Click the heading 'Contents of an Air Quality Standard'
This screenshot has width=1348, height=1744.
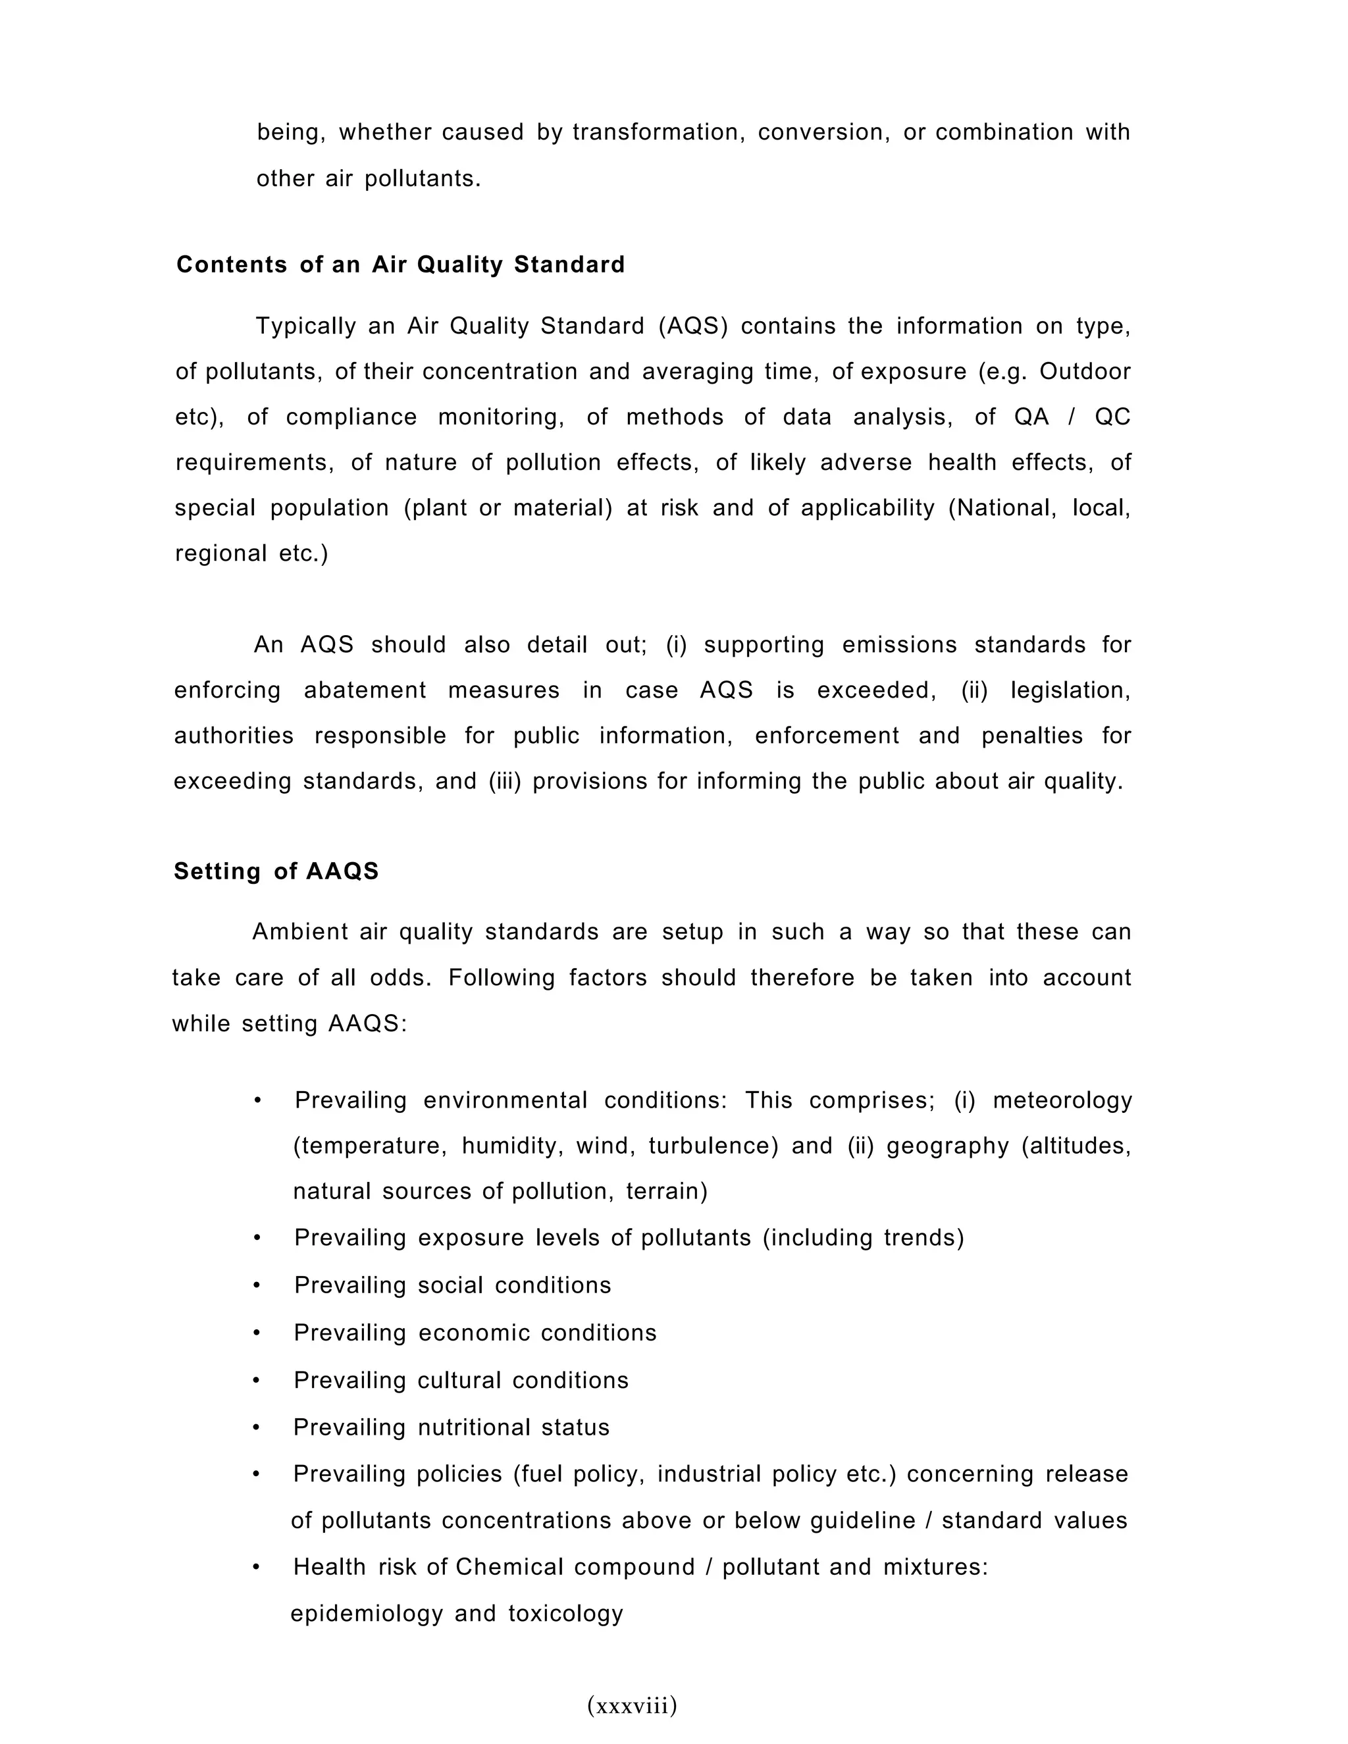point(400,265)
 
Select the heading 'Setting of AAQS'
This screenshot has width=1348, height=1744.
point(276,871)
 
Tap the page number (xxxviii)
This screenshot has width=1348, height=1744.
point(632,1706)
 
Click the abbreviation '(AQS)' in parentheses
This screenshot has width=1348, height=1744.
point(693,326)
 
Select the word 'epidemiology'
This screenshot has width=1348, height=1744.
point(366,1613)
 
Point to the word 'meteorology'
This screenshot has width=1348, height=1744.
point(1062,1100)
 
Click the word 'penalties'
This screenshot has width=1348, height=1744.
point(1032,736)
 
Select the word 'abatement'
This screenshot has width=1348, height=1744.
point(365,690)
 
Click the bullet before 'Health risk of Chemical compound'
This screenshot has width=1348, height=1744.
point(256,1567)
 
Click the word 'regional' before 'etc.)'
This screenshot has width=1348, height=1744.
point(221,553)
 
